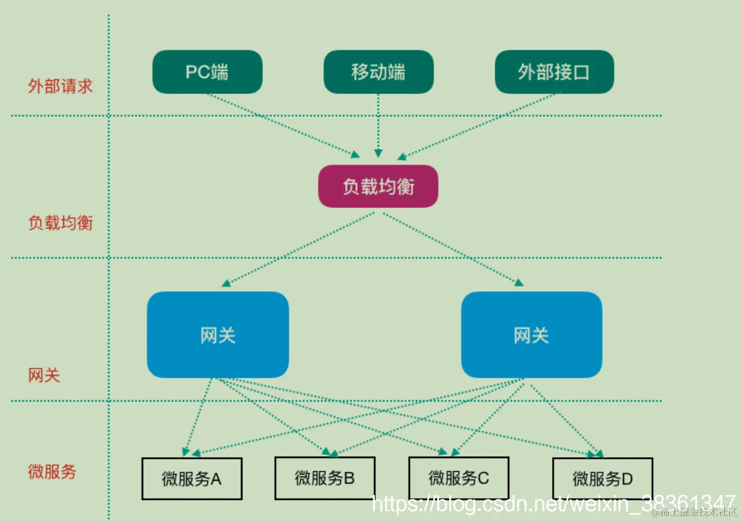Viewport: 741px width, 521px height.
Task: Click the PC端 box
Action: [207, 72]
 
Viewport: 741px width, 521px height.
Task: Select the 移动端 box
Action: [378, 72]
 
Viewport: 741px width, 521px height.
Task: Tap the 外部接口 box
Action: [554, 72]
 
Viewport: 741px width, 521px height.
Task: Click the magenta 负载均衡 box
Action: [378, 186]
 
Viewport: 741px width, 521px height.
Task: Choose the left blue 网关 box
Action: [218, 335]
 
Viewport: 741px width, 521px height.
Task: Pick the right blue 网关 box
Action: [531, 335]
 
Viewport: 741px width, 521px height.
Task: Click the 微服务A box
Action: [192, 479]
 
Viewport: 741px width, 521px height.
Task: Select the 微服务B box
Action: [325, 478]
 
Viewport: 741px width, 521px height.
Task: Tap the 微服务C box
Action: [459, 478]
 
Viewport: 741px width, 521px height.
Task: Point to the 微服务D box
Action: [602, 479]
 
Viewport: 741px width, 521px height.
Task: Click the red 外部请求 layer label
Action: [60, 86]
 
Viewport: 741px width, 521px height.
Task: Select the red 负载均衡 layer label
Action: [60, 223]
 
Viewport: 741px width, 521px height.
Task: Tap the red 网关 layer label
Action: [44, 375]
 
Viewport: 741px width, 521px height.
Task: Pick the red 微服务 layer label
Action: [52, 472]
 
